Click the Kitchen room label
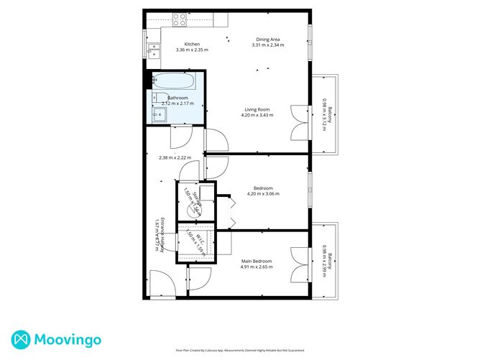click(192, 45)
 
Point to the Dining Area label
click(268, 40)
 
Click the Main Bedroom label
click(256, 261)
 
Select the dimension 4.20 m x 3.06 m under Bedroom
click(263, 194)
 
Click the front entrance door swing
click(161, 282)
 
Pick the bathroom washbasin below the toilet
click(157, 113)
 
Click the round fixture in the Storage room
click(193, 210)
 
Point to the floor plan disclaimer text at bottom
click(240, 351)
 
